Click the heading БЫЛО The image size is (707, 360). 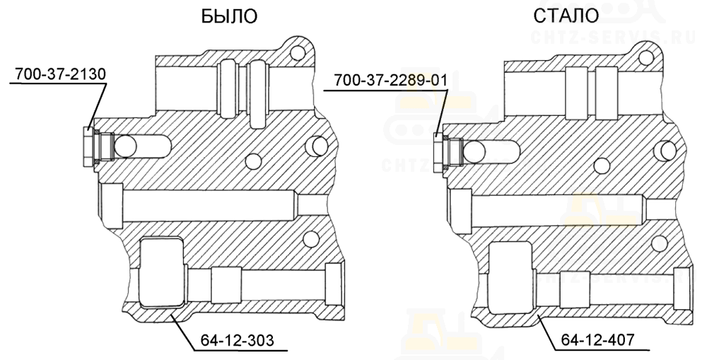(x=229, y=17)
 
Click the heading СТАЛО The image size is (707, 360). (x=566, y=16)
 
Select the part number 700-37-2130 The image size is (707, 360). (x=60, y=74)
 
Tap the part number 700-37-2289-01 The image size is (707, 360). (x=390, y=81)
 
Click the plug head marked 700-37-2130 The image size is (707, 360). (x=88, y=146)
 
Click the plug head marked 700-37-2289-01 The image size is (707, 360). (x=438, y=153)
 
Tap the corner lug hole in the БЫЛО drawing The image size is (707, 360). (x=296, y=54)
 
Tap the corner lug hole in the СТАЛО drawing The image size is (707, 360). (x=645, y=57)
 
